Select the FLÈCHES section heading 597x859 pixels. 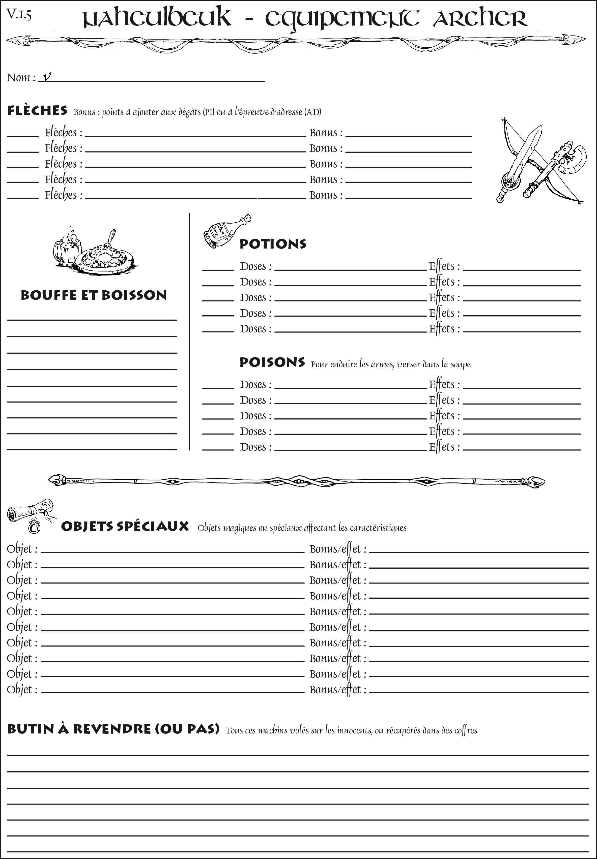point(37,111)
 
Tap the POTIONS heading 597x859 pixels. point(273,244)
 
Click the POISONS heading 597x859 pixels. point(272,362)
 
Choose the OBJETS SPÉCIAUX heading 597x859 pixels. point(125,526)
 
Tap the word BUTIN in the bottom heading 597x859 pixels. point(31,729)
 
